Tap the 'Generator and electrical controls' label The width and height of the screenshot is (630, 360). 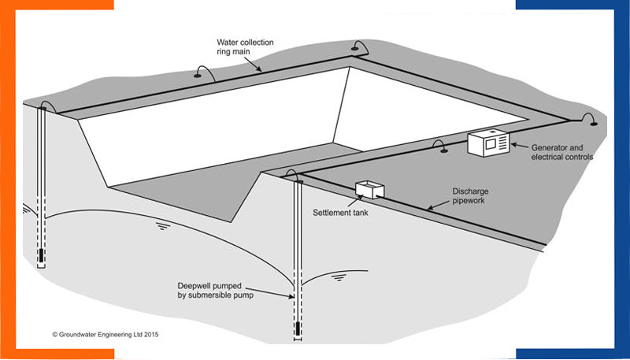[561, 152]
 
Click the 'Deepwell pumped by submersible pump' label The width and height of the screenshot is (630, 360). [218, 289]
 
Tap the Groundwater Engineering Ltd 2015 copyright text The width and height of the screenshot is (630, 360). [109, 334]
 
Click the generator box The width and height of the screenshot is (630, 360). [488, 143]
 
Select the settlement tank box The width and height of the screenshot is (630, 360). [369, 190]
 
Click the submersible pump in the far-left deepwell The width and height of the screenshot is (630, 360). [42, 254]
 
